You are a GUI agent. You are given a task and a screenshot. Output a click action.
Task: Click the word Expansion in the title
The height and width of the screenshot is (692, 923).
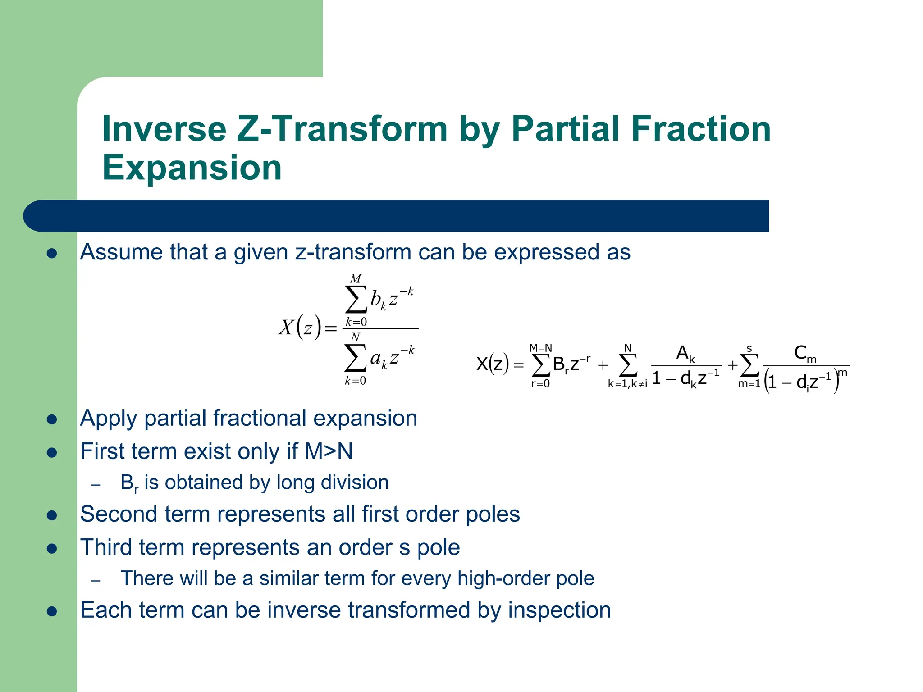click(192, 168)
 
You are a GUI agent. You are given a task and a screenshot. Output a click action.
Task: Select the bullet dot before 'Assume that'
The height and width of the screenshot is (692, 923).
click(52, 253)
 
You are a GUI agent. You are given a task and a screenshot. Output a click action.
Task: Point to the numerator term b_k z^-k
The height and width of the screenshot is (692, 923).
click(391, 299)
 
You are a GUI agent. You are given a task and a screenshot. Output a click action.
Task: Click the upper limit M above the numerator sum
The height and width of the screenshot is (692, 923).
click(356, 279)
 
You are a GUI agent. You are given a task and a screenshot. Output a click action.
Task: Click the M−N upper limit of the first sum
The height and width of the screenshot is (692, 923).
click(540, 348)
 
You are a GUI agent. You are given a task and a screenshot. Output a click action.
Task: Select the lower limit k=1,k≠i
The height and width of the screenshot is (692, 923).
click(627, 384)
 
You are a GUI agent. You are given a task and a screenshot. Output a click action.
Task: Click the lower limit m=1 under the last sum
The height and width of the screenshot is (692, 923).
click(749, 384)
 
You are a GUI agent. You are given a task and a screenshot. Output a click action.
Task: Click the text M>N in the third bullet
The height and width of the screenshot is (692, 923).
click(329, 451)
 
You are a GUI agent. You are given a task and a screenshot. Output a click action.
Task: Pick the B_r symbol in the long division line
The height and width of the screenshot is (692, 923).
click(129, 483)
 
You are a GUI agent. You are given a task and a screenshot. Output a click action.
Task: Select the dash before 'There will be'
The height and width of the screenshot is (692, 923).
click(96, 580)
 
